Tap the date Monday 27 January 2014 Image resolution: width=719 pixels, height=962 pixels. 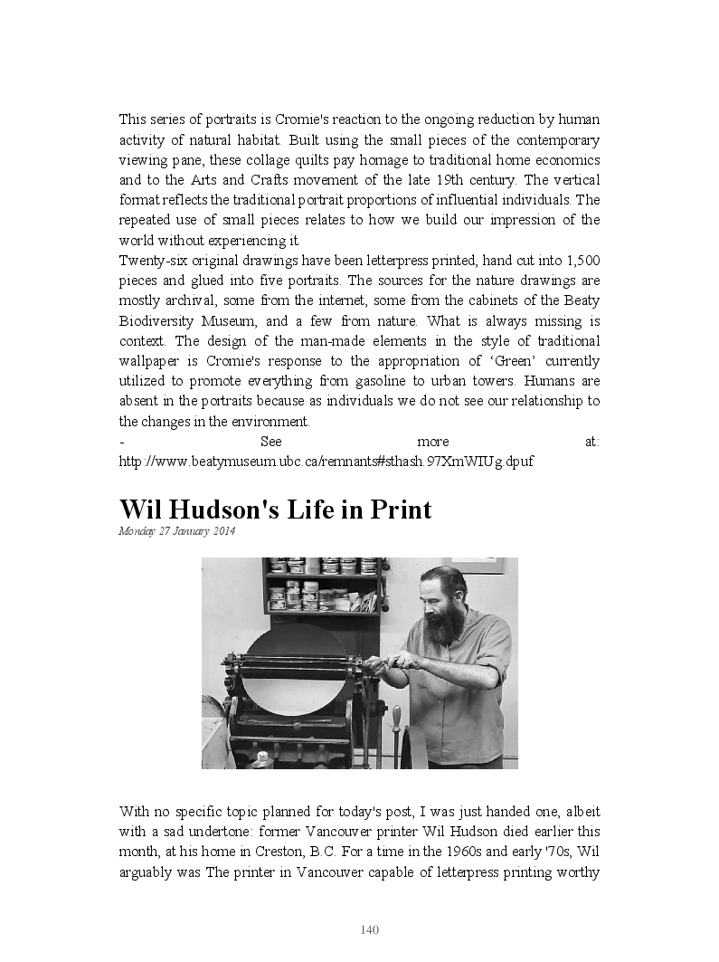pos(176,531)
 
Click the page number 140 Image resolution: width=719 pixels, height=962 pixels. pos(369,929)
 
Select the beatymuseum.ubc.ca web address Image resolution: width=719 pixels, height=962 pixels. pos(326,462)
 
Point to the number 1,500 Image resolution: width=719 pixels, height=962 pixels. pos(582,261)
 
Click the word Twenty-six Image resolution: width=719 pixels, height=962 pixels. pos(150,261)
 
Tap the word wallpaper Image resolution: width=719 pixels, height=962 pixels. pos(150,361)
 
